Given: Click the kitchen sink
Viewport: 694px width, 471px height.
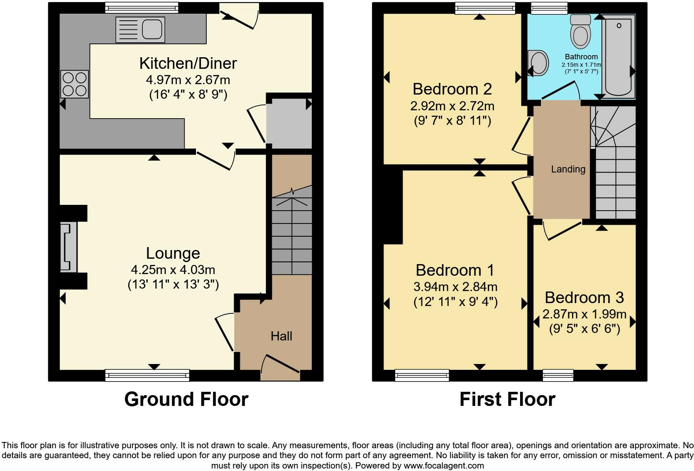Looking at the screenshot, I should click(140, 29).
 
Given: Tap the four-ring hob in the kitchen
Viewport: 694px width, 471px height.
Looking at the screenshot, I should click(75, 84).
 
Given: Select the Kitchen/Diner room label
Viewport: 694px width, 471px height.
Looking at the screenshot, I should click(188, 63).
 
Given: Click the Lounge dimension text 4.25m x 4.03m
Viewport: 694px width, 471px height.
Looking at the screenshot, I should click(173, 270).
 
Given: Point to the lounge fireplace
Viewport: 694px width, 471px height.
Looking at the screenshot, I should click(69, 247).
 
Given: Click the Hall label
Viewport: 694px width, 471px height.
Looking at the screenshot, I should click(281, 336).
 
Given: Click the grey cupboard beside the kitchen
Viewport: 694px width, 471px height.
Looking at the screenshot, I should click(289, 123).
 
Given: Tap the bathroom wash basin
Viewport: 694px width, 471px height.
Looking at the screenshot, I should click(538, 63).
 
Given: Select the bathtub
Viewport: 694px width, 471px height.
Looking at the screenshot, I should click(618, 56).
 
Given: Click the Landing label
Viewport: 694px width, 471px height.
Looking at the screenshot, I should click(568, 169).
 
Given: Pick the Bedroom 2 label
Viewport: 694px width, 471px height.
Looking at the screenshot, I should click(452, 89).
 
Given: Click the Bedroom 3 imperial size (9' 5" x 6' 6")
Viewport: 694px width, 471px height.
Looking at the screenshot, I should click(584, 329).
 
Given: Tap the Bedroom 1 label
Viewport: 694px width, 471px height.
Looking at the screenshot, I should click(455, 270).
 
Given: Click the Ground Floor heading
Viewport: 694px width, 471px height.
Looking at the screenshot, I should click(186, 399).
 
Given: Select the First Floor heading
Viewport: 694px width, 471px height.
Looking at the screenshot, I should click(507, 399).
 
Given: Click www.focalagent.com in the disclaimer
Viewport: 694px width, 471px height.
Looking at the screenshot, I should click(444, 466).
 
